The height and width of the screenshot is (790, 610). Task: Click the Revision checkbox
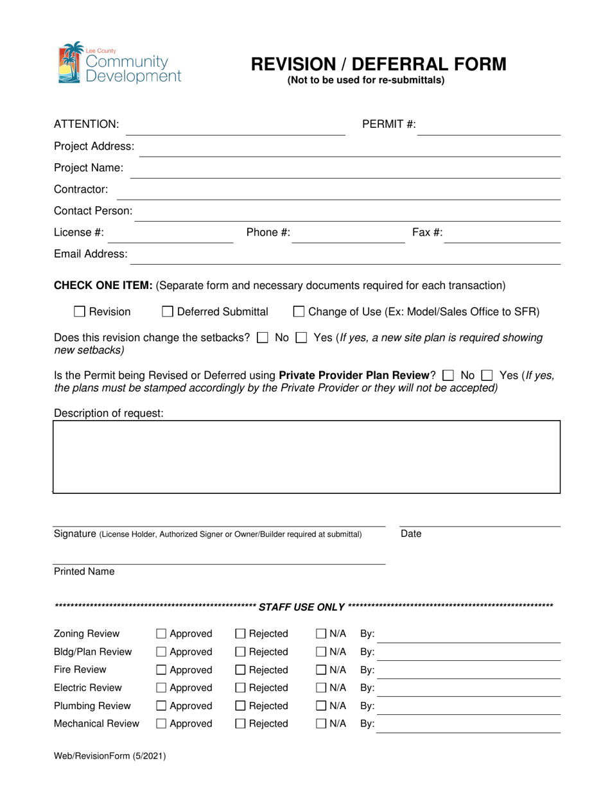(80, 312)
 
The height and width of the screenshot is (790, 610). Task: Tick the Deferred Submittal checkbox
(168, 312)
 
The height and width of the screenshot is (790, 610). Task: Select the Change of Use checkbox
(299, 312)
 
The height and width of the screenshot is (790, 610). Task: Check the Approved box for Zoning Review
(162, 635)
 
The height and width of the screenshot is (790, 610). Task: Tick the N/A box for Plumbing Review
(321, 707)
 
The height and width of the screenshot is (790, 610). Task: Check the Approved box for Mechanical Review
(162, 724)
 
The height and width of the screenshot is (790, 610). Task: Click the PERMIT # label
(390, 124)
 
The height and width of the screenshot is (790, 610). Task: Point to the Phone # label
(268, 233)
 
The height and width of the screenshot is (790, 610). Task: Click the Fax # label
(427, 233)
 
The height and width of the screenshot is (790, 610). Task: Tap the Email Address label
(91, 254)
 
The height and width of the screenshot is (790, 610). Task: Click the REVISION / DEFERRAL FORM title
(378, 64)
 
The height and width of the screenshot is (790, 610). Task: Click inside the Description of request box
(306, 457)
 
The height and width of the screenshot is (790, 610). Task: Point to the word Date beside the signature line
(411, 534)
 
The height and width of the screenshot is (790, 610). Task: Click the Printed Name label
(84, 572)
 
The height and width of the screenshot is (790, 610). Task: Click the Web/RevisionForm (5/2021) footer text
(110, 757)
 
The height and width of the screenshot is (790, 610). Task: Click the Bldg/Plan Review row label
(92, 653)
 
